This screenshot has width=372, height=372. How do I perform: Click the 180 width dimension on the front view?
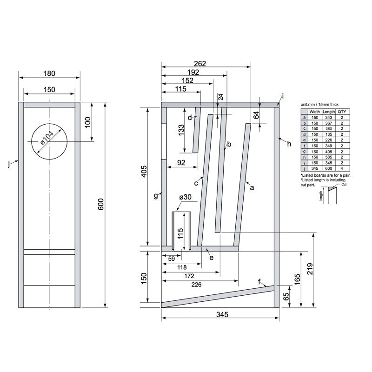[x=49, y=73]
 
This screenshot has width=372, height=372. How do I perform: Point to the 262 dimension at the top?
[x=199, y=64]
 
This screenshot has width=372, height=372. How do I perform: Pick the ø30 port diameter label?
[x=185, y=197]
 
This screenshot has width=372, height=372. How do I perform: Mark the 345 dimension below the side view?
[x=222, y=315]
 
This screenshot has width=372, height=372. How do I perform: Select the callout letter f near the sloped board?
[x=259, y=281]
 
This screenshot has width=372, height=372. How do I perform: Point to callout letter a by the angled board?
[x=252, y=188]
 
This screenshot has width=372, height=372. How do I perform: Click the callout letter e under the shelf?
[x=211, y=257]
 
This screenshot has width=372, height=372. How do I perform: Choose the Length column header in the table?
[x=329, y=112]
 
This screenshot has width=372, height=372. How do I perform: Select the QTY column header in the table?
[x=342, y=112]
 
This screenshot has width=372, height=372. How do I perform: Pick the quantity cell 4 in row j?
[x=342, y=169]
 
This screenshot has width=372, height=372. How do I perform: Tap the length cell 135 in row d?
[x=329, y=133]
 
